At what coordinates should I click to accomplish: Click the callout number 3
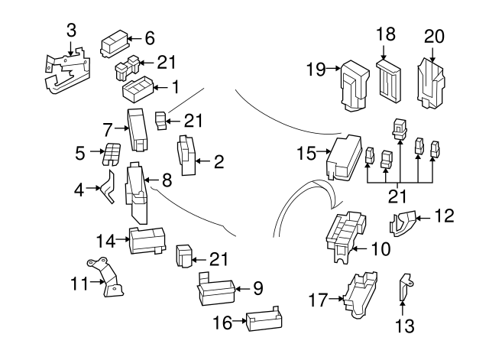click(x=71, y=31)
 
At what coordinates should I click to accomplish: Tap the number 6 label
click(x=149, y=37)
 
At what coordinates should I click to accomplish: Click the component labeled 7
click(x=141, y=130)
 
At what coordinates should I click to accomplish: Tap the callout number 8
click(x=167, y=181)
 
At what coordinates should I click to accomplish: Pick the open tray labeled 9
click(x=219, y=289)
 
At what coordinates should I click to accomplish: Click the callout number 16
click(x=222, y=323)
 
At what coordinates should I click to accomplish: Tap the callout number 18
click(x=387, y=34)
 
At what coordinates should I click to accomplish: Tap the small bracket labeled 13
click(x=404, y=288)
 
